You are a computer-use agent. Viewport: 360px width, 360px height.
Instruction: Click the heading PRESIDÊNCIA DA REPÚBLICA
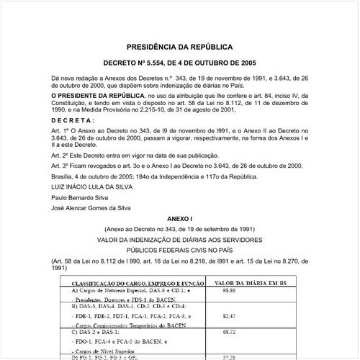point(179,45)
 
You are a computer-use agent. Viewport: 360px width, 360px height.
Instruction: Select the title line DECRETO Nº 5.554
point(179,63)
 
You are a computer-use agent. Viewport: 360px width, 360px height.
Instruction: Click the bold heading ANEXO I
point(179,218)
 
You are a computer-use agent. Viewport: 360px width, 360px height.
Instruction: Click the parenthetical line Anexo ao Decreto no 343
point(179,228)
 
